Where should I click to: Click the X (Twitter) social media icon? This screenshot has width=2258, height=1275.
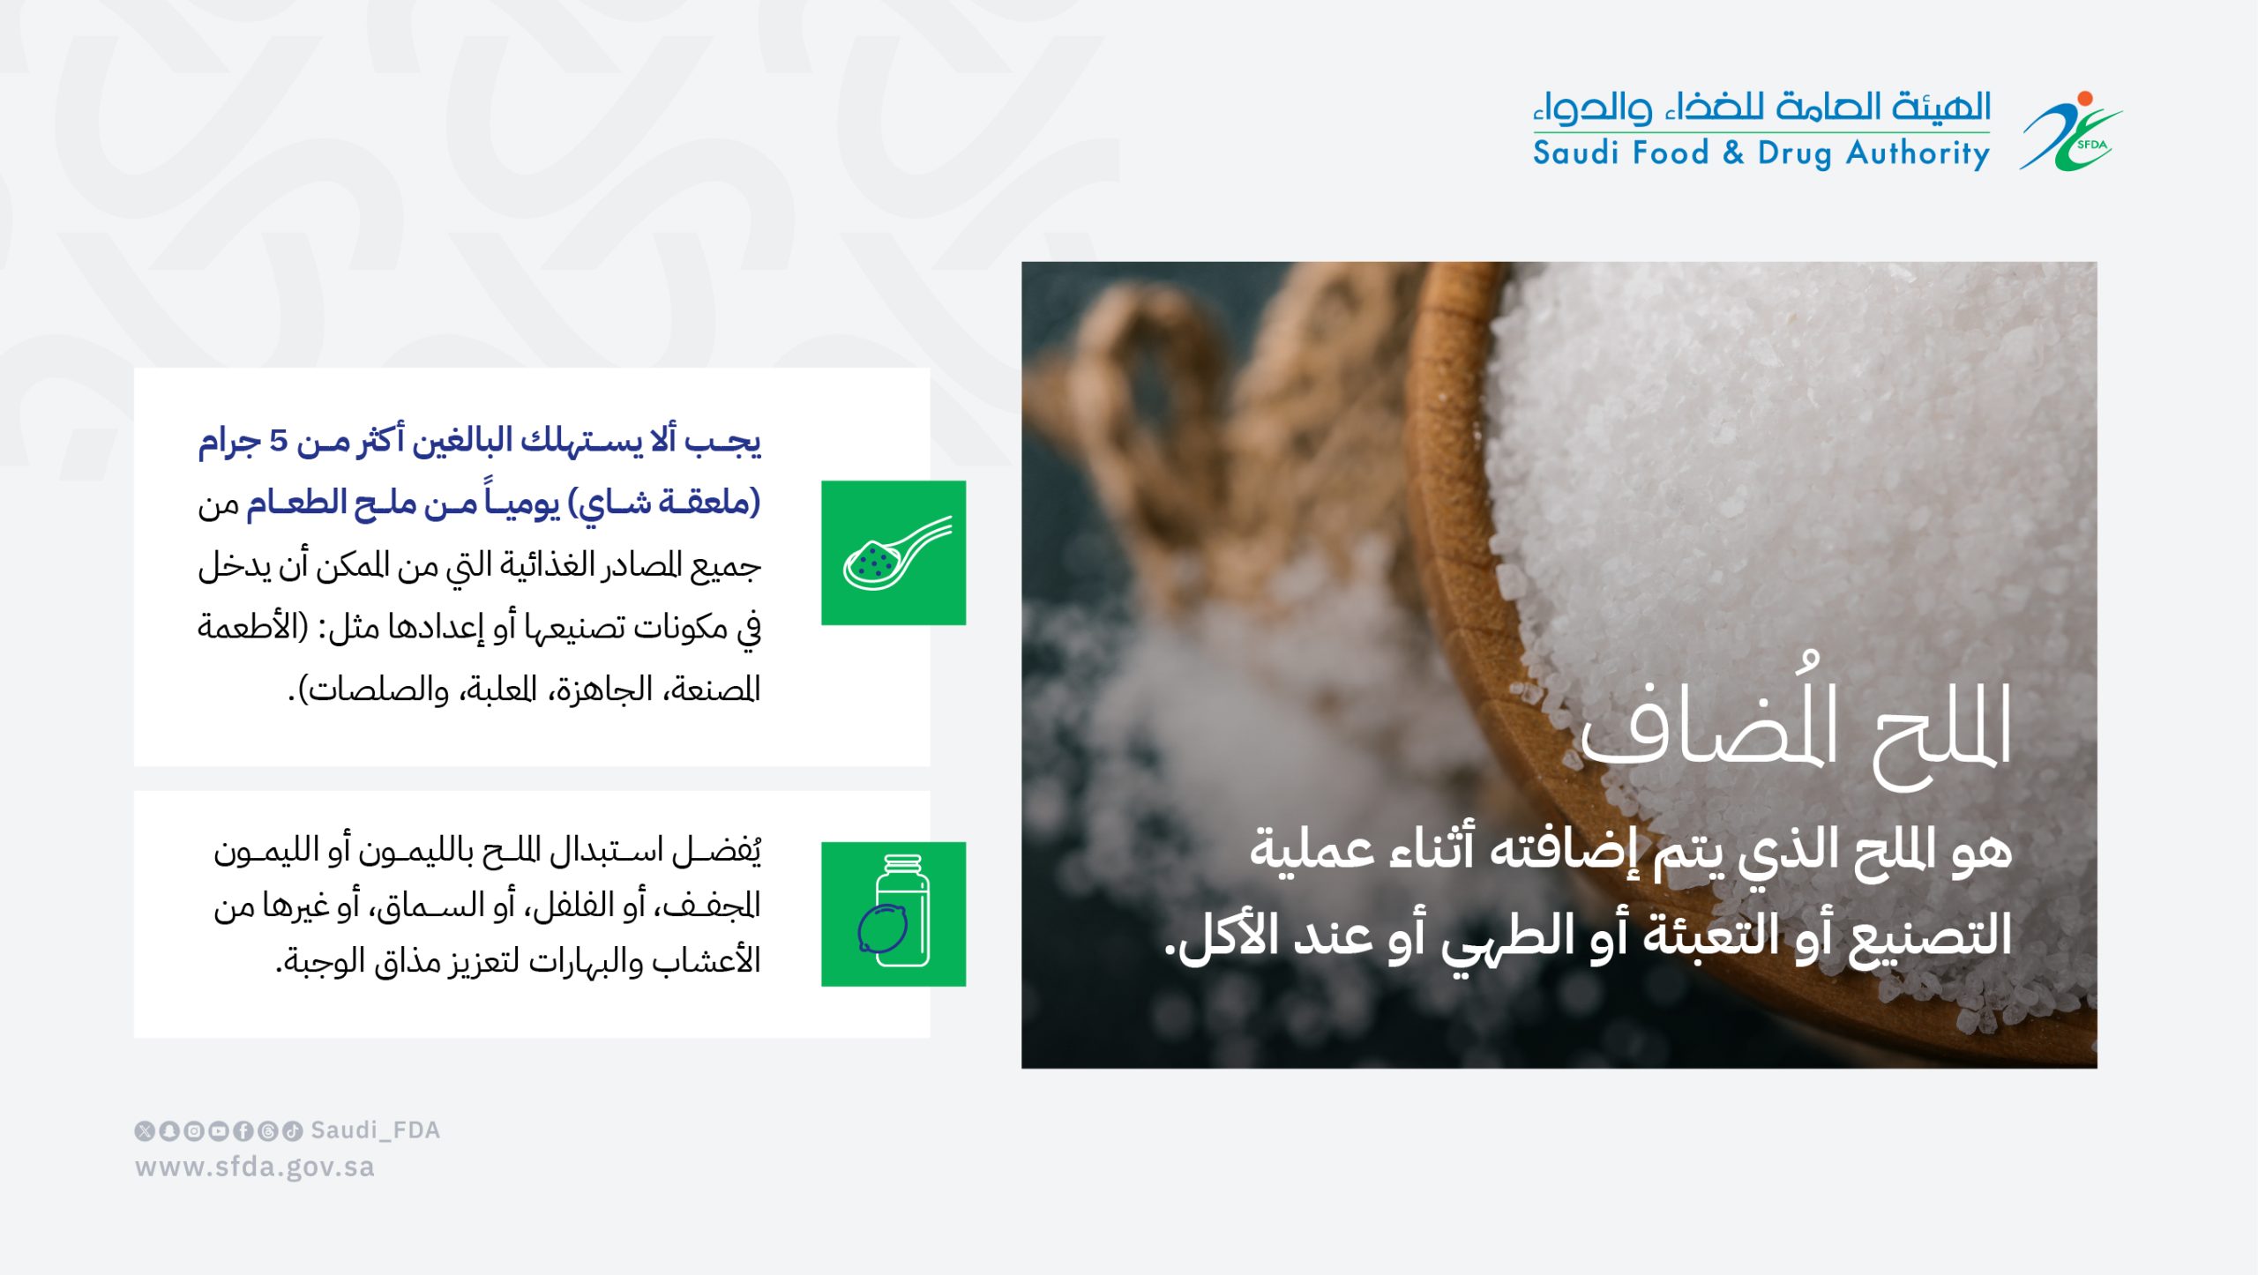coord(145,1131)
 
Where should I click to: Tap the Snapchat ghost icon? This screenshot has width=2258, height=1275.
coord(169,1131)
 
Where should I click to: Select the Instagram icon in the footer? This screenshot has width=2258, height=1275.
coord(194,1131)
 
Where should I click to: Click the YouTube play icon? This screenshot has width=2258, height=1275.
coord(219,1131)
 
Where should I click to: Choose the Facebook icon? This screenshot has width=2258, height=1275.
coord(243,1131)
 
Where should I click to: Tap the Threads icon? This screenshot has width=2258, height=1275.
coord(268,1131)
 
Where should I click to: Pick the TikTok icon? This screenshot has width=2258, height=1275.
coord(293,1131)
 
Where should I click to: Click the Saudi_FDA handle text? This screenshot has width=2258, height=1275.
coord(376,1131)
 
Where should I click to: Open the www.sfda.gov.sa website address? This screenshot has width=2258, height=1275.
coord(255,1168)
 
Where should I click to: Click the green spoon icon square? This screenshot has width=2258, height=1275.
coord(893,553)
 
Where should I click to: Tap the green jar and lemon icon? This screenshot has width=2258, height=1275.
coord(893,914)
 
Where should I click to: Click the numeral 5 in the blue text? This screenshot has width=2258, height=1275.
coord(279,440)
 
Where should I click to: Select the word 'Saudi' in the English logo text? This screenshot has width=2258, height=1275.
coord(1578,153)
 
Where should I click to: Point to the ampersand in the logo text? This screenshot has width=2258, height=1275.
coord(1733,153)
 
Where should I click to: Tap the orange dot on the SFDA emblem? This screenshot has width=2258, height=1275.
coord(2085,98)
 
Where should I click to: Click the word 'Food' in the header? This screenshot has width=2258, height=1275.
coord(1671,153)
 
